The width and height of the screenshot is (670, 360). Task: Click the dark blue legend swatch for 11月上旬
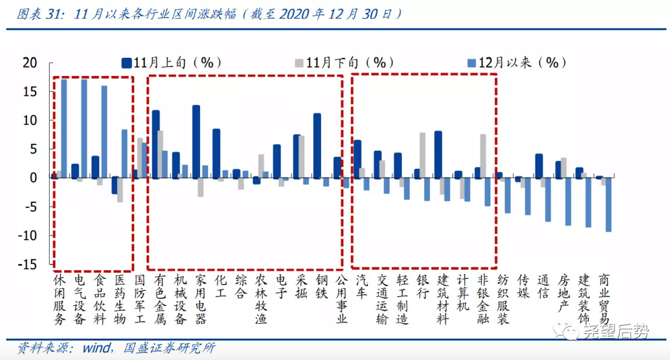click(x=127, y=63)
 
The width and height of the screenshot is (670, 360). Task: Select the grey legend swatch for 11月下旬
click(x=299, y=63)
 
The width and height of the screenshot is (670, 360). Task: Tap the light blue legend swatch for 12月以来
click(x=472, y=63)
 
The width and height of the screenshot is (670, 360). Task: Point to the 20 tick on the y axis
click(x=30, y=63)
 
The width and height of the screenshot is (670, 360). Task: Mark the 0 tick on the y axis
click(x=34, y=178)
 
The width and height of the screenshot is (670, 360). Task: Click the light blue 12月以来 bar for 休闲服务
click(x=64, y=128)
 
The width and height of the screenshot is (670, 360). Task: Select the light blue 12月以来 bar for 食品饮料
click(x=104, y=131)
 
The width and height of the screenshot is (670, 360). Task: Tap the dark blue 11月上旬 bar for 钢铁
click(x=317, y=146)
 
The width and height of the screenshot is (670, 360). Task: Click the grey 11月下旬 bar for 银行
click(x=423, y=155)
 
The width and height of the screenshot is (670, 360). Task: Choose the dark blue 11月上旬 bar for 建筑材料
click(x=438, y=154)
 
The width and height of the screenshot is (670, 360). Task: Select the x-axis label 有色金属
click(x=160, y=299)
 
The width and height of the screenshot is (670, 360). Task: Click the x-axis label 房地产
click(x=563, y=292)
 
